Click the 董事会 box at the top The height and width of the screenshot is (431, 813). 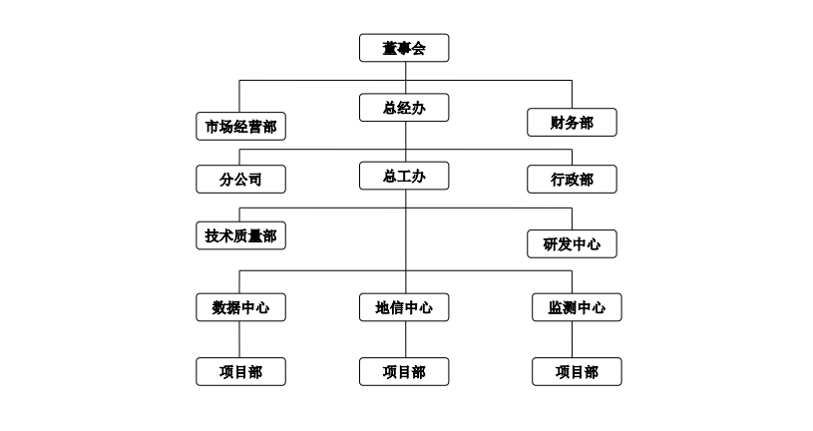404,48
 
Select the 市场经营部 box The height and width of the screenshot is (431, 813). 240,126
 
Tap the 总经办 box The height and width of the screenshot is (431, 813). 404,108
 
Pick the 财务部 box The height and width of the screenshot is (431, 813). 572,122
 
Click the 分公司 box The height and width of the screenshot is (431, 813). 240,180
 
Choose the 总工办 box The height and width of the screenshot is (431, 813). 404,176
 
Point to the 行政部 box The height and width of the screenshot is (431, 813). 572,180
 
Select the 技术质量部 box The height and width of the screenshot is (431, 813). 240,235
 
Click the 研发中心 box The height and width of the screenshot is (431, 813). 572,243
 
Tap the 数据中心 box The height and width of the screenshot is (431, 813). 240,307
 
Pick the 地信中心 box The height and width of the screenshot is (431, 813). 404,307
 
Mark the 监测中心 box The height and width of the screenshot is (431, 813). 572,307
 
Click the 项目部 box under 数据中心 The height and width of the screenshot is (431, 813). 240,371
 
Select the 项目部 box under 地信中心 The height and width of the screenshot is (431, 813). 404,371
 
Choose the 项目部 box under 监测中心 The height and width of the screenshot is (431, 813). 572,371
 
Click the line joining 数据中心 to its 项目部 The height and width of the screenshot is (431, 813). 240,339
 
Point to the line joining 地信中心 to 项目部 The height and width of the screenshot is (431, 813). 404,339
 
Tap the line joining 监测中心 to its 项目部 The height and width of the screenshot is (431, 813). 572,339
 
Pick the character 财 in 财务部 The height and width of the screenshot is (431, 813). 558,122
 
